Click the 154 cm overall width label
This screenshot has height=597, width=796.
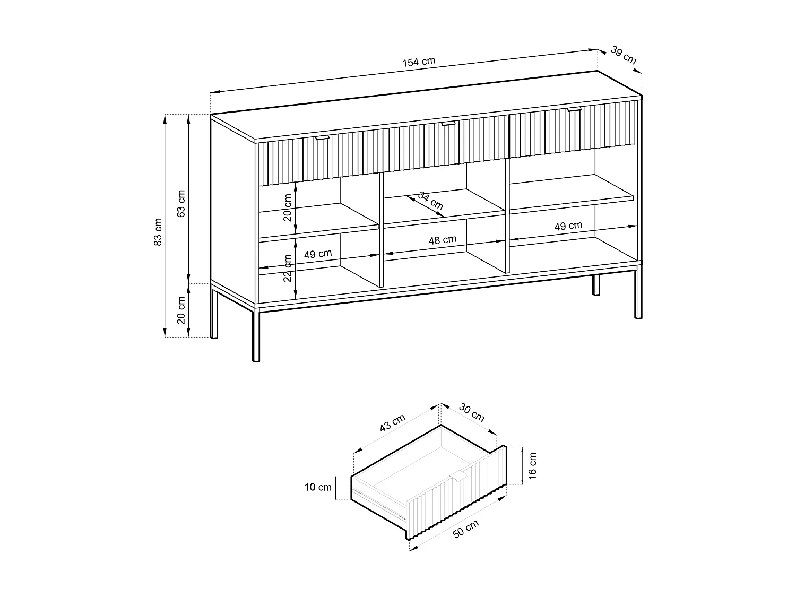click(x=419, y=62)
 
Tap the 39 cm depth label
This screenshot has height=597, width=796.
click(x=623, y=55)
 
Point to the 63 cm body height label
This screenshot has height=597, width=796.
click(x=181, y=204)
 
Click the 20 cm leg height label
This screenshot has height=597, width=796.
click(x=181, y=310)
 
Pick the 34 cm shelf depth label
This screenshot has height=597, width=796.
click(x=430, y=200)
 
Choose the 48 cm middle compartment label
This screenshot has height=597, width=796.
click(x=442, y=240)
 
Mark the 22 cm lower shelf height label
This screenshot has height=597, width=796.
click(x=288, y=268)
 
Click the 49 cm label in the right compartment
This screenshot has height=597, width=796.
click(x=568, y=226)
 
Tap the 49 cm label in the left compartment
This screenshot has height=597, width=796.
click(x=318, y=254)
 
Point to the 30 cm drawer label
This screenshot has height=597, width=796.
click(x=471, y=413)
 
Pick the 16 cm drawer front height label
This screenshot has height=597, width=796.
click(x=533, y=466)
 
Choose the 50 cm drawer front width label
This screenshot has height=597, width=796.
click(x=466, y=529)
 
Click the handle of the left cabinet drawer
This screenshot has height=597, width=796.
click(x=322, y=138)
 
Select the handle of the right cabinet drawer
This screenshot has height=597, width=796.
click(x=574, y=110)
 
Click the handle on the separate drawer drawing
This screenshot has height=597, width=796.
click(x=459, y=476)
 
